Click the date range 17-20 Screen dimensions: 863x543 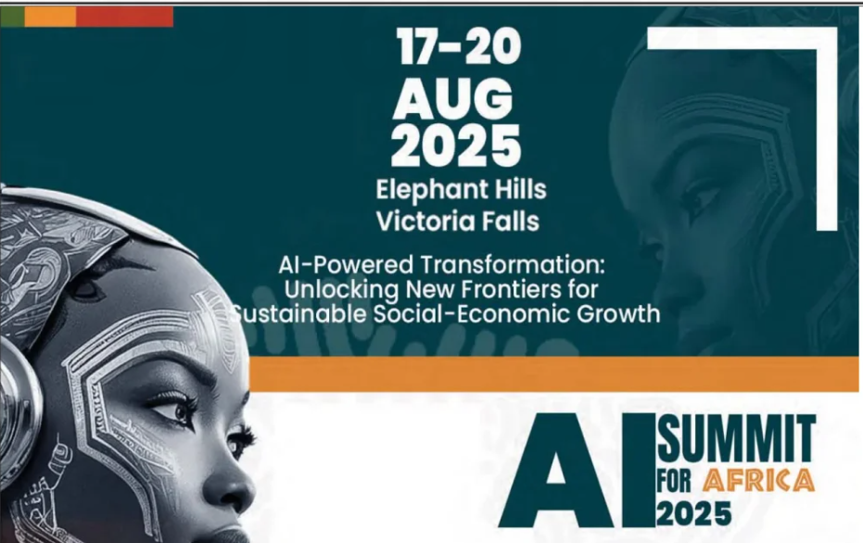click(x=459, y=46)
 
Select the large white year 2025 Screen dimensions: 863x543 click(x=456, y=145)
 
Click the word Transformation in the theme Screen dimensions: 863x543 click(x=513, y=265)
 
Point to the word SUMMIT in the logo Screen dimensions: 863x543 click(x=736, y=438)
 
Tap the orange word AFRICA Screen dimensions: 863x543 click(x=759, y=480)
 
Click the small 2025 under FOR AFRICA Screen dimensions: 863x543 click(x=693, y=513)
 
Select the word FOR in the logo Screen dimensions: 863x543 click(x=674, y=481)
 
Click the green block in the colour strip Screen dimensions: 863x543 click(x=12, y=17)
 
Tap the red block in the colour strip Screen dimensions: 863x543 click(x=124, y=17)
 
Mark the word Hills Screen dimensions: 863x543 click(x=520, y=189)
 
